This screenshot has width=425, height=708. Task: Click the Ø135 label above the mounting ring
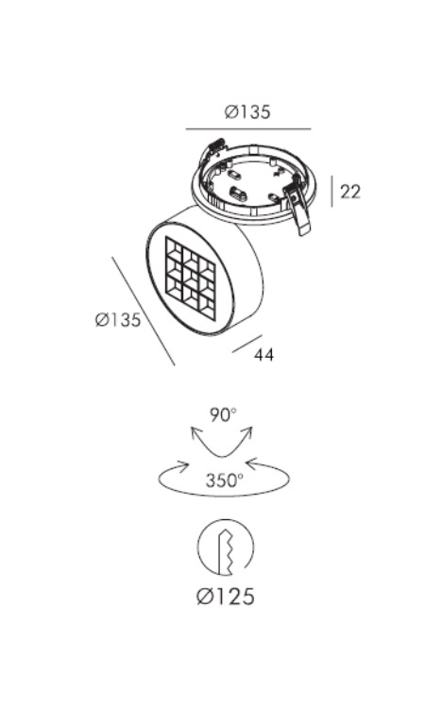pyautogui.click(x=247, y=111)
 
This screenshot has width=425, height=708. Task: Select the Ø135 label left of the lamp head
pyautogui.click(x=118, y=320)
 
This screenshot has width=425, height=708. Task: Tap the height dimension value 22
pyautogui.click(x=350, y=192)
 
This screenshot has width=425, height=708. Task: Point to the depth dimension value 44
pyautogui.click(x=263, y=354)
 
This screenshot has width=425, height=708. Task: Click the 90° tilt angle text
pyautogui.click(x=223, y=414)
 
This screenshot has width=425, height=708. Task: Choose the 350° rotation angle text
pyautogui.click(x=225, y=480)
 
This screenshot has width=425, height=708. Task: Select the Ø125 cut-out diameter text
pyautogui.click(x=226, y=597)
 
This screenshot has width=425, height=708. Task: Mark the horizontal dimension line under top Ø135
pyautogui.click(x=248, y=129)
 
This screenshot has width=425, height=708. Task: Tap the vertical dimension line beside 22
pyautogui.click(x=331, y=192)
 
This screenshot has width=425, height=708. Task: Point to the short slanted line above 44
pyautogui.click(x=247, y=344)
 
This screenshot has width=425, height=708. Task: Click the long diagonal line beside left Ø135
pyautogui.click(x=144, y=312)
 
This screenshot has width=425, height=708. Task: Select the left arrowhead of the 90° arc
pyautogui.click(x=195, y=433)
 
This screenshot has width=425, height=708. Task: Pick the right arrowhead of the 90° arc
pyautogui.click(x=248, y=433)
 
